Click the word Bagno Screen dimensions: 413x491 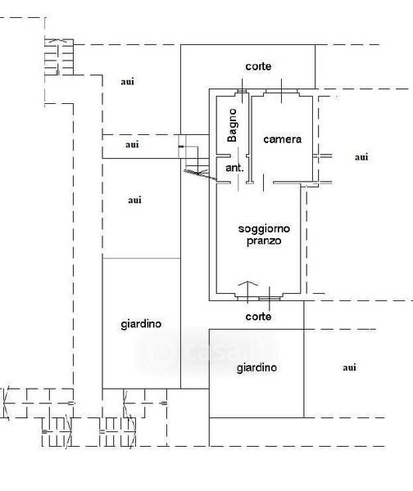tap(233, 125)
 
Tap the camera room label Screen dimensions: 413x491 tap(282, 139)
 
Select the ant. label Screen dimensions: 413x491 tap(234, 168)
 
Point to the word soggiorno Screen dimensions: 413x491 tap(264, 229)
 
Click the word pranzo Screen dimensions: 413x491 tap(264, 241)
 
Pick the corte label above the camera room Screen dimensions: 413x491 tap(258, 66)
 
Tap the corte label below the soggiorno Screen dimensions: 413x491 tap(258, 317)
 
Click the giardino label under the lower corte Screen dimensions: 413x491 tap(256, 367)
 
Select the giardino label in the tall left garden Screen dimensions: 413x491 tap(141, 324)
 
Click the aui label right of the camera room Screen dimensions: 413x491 tap(361, 157)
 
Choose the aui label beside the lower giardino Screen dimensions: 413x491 tap(349, 367)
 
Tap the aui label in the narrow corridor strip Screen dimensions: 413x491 tap(132, 145)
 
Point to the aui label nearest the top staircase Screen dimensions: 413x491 tap(127, 82)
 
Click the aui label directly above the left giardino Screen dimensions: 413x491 tap(134, 200)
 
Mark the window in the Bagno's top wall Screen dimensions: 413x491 tap(242, 91)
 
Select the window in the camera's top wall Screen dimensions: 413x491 tap(281, 91)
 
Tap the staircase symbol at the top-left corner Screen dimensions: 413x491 tap(59, 57)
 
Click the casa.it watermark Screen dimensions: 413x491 tap(207, 351)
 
